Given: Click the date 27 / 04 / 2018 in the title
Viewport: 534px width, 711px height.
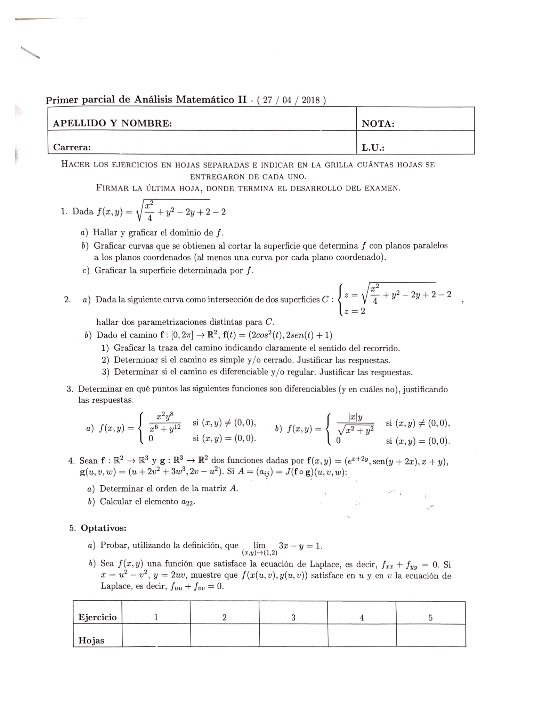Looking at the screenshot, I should (x=291, y=100).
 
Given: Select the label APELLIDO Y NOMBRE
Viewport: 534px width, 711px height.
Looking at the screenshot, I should (x=112, y=123).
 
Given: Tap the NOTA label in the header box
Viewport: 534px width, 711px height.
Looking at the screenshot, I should (x=378, y=124).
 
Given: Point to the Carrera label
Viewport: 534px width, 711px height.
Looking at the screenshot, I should (x=72, y=147).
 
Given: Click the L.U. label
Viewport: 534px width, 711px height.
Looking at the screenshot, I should (x=373, y=148).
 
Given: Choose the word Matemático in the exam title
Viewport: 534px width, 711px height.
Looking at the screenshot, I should (x=205, y=100).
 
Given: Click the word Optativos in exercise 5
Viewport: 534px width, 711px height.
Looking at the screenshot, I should (x=104, y=528).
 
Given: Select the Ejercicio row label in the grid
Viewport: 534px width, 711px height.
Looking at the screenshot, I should (x=97, y=617).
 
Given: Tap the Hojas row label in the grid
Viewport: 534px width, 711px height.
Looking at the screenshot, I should (x=91, y=641).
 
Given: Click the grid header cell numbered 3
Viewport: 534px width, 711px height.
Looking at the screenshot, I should (x=293, y=617).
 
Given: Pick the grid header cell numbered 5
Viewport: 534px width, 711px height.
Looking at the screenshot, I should (x=430, y=617).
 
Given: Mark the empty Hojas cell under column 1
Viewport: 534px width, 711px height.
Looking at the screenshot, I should (x=156, y=640).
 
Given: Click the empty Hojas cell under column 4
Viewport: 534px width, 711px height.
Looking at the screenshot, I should (x=362, y=640).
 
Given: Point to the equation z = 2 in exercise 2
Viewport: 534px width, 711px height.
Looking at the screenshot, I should (x=355, y=311).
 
